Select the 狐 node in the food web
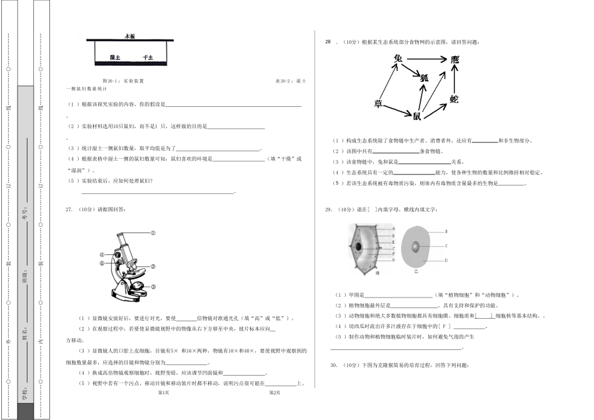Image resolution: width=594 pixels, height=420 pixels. coord(425,77)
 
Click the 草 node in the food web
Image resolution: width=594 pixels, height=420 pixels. coord(378,103)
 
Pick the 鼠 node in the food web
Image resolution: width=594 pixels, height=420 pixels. coord(416,115)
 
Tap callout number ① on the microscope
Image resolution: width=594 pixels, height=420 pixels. coord(152,232)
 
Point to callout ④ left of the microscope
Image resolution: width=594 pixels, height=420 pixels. coord(101,255)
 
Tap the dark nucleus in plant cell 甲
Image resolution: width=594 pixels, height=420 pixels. coord(358,246)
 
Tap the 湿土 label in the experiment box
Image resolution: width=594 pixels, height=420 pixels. coord(114,57)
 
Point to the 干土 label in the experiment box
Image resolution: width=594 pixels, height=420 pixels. coord(148,57)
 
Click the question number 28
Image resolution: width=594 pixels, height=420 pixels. coord(328,42)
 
